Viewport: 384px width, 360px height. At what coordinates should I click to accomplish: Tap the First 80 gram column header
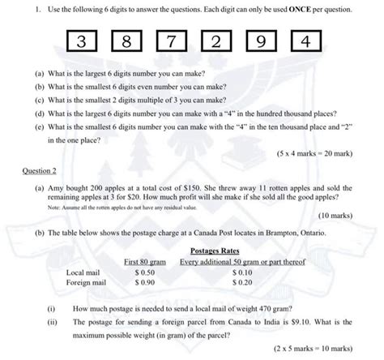(x=147, y=262)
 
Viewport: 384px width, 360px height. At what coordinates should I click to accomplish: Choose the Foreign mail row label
(x=87, y=283)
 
